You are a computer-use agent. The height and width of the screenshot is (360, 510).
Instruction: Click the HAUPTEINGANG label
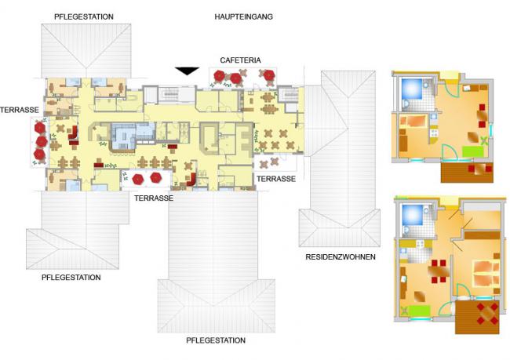click(243, 16)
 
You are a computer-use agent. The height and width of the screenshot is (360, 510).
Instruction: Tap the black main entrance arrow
click(187, 71)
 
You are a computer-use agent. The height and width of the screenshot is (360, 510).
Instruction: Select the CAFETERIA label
click(240, 60)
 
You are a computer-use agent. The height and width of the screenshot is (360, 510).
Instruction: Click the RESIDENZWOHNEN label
click(341, 257)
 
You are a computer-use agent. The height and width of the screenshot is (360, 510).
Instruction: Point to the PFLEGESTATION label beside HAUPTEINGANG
click(84, 16)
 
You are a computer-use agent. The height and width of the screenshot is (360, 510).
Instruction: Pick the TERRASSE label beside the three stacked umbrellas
click(20, 110)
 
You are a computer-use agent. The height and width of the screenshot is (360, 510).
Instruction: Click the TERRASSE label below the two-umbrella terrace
click(154, 198)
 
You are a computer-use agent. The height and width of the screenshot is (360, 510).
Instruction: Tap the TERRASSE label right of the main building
click(276, 179)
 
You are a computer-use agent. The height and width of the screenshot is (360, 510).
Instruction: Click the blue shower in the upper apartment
click(412, 89)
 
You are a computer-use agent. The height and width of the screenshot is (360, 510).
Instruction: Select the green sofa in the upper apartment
click(472, 152)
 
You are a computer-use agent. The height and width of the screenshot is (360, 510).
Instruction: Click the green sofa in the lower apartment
click(419, 311)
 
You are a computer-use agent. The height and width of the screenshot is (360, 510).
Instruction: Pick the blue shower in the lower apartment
click(413, 215)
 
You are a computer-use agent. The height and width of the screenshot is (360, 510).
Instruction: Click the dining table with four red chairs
click(439, 271)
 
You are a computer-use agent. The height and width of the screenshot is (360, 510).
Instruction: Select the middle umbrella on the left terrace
click(42, 142)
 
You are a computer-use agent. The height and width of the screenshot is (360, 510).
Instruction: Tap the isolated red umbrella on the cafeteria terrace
click(268, 75)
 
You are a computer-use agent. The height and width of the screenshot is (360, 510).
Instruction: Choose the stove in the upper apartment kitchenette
click(434, 133)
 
